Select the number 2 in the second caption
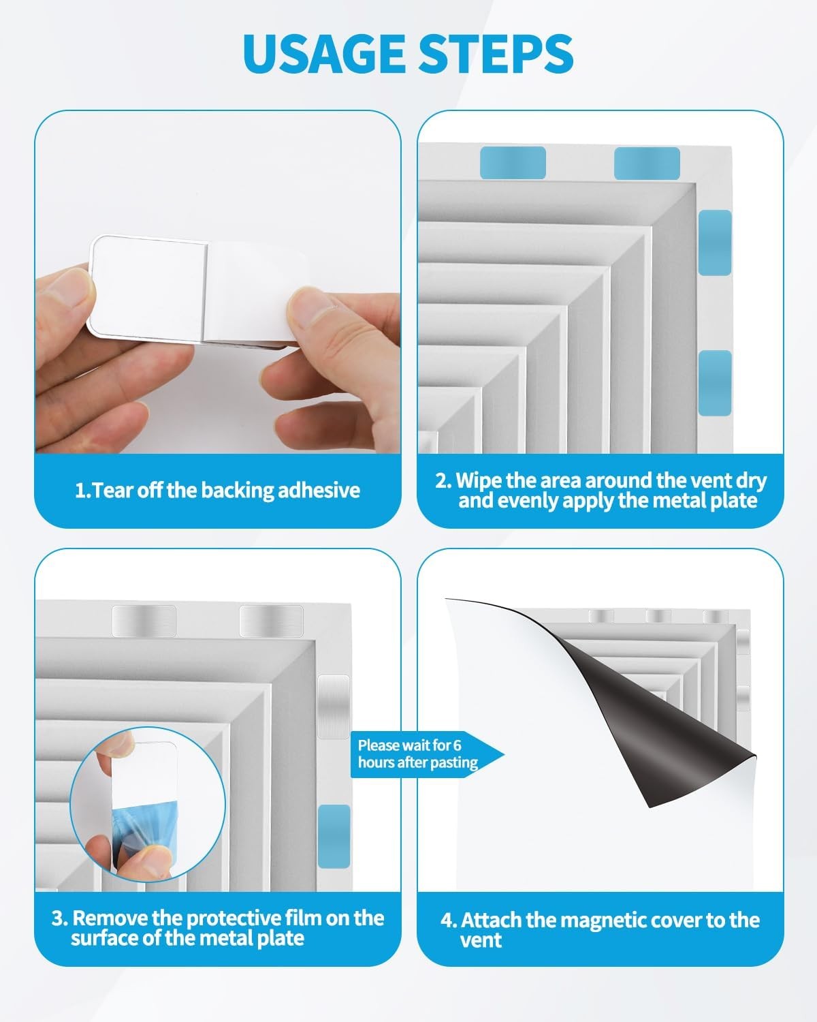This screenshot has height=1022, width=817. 442,480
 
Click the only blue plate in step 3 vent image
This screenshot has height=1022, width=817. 334,836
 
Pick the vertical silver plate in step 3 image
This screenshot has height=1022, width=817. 334,707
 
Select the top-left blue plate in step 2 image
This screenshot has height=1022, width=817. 513,163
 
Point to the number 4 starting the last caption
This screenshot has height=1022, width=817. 447,920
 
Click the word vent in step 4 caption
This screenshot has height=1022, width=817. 481,941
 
